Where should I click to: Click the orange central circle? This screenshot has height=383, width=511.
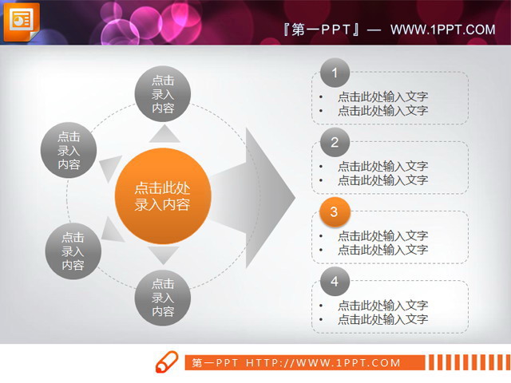[x=162, y=195]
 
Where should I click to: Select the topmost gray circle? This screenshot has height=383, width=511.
[x=162, y=93]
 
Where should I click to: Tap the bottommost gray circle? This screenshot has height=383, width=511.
[x=162, y=298]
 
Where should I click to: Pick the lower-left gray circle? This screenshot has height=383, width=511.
[x=73, y=251]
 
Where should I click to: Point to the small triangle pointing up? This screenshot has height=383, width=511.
[x=164, y=133]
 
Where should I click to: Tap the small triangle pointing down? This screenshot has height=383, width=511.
[x=164, y=255]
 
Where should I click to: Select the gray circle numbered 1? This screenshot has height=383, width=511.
[x=335, y=74]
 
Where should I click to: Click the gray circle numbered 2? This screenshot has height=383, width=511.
[x=335, y=144]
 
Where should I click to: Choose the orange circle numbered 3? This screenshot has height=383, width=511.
[x=335, y=212]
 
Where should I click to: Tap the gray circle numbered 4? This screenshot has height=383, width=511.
[x=335, y=281]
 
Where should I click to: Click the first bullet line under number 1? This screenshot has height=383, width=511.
[x=382, y=97]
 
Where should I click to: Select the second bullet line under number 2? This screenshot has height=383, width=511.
[x=382, y=180]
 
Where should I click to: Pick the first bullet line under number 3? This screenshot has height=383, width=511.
[x=382, y=235]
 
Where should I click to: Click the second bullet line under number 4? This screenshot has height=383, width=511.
[x=382, y=319]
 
